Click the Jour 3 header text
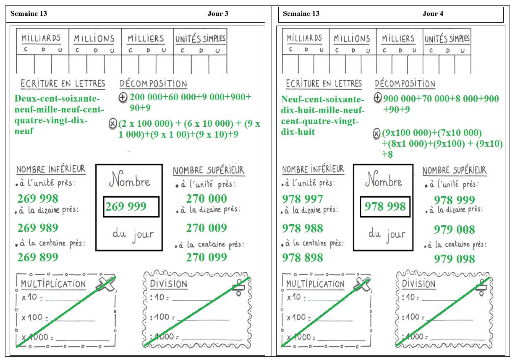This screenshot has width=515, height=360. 218,13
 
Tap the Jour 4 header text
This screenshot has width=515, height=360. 433,13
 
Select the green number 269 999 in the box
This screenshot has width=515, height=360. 126,206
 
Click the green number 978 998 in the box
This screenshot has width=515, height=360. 385,206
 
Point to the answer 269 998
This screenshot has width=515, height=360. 38,198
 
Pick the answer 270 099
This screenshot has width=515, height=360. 207,257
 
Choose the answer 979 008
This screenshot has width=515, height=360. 454,230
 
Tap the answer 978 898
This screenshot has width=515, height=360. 303,258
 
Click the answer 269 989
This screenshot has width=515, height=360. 38,228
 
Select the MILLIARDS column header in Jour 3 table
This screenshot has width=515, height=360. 41,38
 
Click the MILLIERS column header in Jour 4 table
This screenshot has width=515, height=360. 398,38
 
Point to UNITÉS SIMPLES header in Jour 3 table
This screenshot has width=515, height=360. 200,39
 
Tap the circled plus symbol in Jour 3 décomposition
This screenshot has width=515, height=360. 123,97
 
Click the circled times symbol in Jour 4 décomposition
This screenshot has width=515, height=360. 376,133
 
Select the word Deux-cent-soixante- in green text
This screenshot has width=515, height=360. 57,98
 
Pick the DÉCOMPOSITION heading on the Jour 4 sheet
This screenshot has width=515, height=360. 405,83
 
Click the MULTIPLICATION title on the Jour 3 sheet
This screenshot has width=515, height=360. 53,284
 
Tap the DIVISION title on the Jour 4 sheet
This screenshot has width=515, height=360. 418,284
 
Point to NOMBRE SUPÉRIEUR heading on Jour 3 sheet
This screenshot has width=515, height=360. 209,170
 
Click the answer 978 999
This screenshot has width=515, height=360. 454,200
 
